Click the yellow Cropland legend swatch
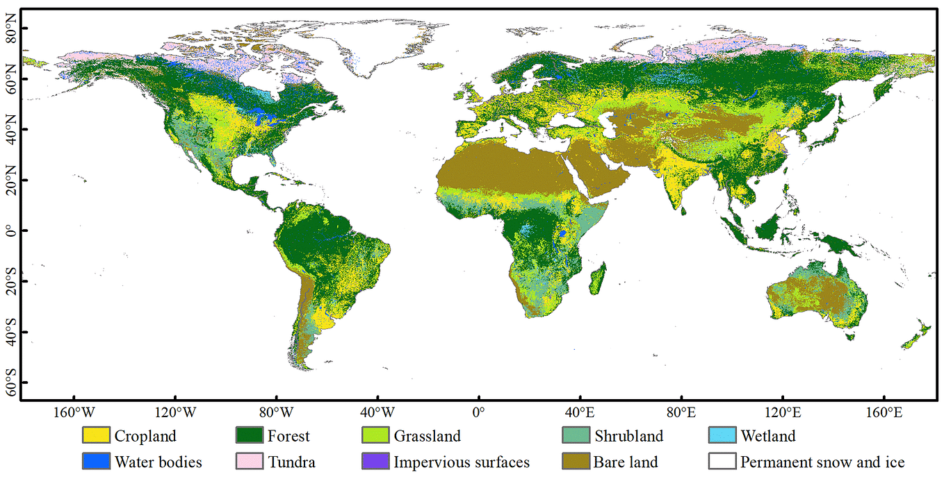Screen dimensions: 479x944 coord(96,436)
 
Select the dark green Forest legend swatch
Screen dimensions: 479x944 coord(250,436)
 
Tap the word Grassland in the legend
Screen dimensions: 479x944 coord(427,437)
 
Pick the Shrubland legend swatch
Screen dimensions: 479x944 coord(575,436)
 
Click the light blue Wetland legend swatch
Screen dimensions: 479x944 coord(722,436)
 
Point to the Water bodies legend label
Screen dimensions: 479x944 coord(158,462)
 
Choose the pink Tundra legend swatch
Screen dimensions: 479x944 coord(250,462)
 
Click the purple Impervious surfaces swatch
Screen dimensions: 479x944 coord(375,462)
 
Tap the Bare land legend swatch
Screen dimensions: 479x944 coord(575,462)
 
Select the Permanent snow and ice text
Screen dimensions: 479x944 coord(822,462)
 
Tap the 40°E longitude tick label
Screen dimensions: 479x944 coord(580,412)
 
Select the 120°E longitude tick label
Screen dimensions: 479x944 coord(782,412)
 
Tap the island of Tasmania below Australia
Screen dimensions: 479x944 coord(850,335)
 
